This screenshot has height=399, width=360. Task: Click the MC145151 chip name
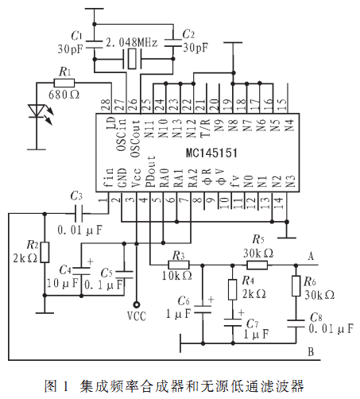pos(211,153)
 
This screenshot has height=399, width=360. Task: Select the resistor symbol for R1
pos(64,83)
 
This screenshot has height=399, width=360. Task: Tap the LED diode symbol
pos(37,111)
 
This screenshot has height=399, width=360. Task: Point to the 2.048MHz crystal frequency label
pos(132,42)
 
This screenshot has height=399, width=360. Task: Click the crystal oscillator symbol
pos(132,59)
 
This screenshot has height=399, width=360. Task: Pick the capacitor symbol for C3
pos(79,213)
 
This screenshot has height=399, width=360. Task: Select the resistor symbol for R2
pos(45,252)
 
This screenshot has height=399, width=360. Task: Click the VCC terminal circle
pos(137,305)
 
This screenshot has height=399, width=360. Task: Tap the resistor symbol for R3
pos(179,265)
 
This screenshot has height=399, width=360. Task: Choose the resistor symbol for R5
pos(257,265)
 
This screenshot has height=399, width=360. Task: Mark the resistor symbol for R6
pos(296,286)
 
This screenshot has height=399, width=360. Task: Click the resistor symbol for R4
pos(233,289)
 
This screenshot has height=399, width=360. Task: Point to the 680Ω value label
pos(64,95)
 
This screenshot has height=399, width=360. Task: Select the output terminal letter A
pos(311,257)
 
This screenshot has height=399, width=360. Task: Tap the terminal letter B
pos(311,352)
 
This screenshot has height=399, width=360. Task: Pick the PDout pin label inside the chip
pos(151,172)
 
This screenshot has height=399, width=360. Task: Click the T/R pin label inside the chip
pos(206,128)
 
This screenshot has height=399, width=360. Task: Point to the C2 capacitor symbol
pos(173,43)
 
